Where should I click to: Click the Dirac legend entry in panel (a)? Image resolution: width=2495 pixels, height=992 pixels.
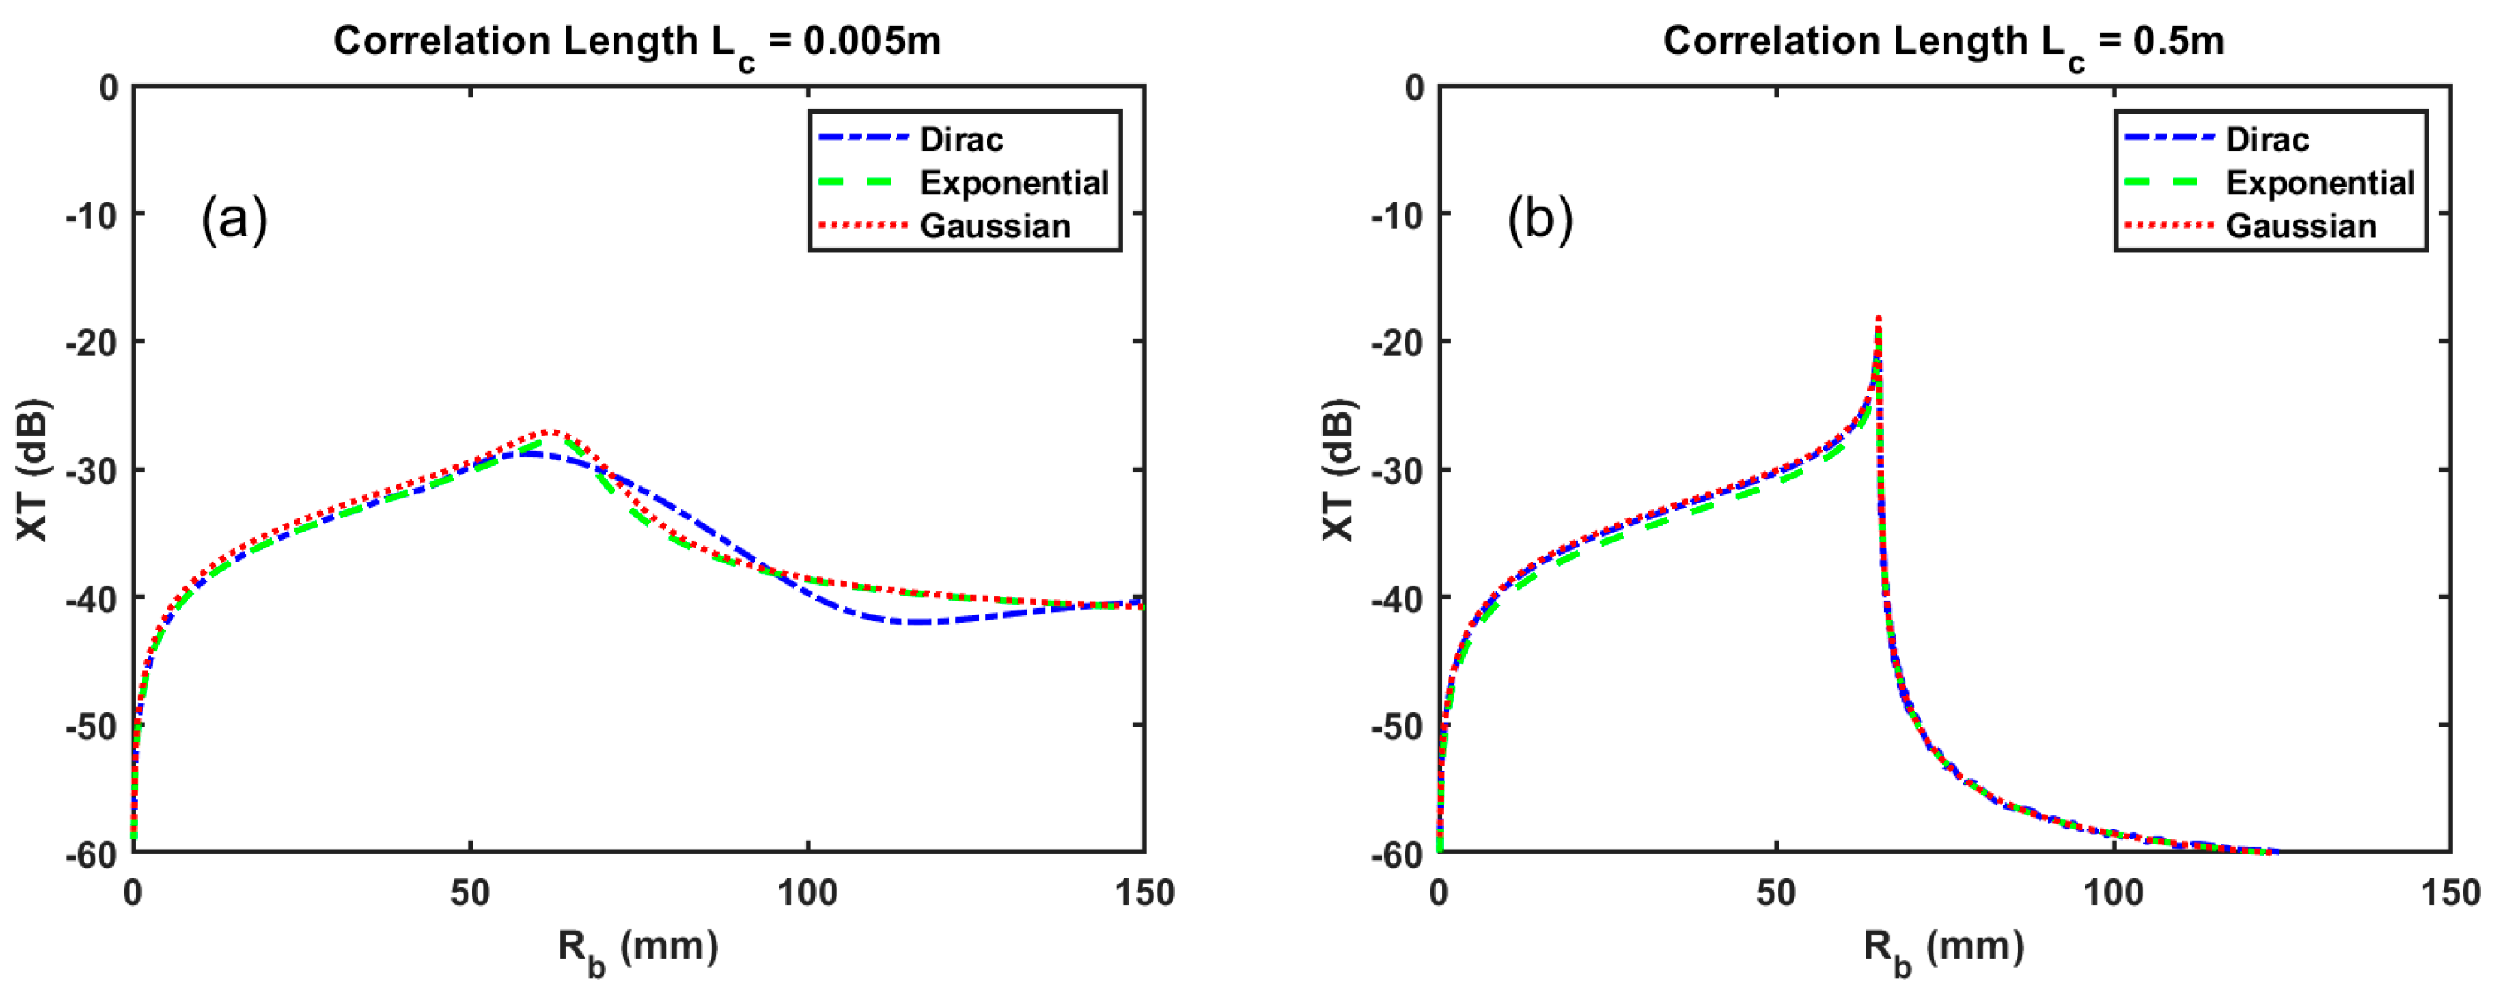pos(960,139)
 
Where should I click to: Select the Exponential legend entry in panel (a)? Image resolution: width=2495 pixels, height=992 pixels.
pos(1012,183)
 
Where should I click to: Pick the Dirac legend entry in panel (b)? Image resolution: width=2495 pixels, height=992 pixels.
pos(2266,139)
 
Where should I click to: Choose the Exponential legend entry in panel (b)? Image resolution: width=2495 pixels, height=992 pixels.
pos(2318,183)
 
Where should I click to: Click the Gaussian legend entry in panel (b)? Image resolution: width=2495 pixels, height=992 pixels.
pos(2300,226)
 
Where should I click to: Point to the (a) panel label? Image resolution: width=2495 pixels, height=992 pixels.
pos(234,218)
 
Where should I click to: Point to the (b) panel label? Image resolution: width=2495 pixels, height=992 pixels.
pos(1539,218)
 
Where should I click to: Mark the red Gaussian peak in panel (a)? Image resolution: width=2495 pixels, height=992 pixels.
pos(548,431)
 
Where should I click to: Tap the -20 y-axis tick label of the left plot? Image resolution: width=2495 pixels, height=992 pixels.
pos(91,343)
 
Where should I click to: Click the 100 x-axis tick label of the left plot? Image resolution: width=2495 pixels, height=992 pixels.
pos(808,892)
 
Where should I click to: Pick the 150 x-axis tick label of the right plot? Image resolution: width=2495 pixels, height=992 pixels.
pos(2449,892)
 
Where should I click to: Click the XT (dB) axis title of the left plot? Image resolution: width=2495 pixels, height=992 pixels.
pos(33,469)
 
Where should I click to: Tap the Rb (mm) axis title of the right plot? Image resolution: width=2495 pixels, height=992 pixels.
pos(1943,946)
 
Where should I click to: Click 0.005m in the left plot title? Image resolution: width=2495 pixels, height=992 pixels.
pos(871,41)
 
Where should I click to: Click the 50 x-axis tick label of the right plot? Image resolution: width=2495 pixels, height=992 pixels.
pos(1775,892)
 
